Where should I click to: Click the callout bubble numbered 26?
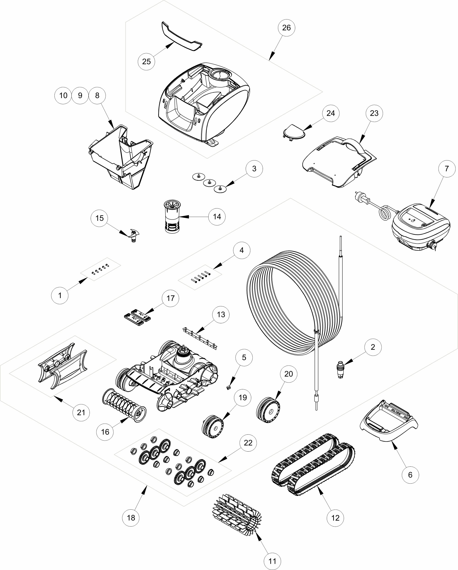pos(286,27)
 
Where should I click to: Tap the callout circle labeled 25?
pos(146,61)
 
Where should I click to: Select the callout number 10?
pos(63,95)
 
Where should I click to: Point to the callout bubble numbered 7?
pos(447,169)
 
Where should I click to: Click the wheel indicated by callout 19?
pos(213,428)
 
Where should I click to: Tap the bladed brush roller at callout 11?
pos(236,516)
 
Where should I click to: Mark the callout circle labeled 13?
pos(221,314)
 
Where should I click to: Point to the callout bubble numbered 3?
pos(254,169)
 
